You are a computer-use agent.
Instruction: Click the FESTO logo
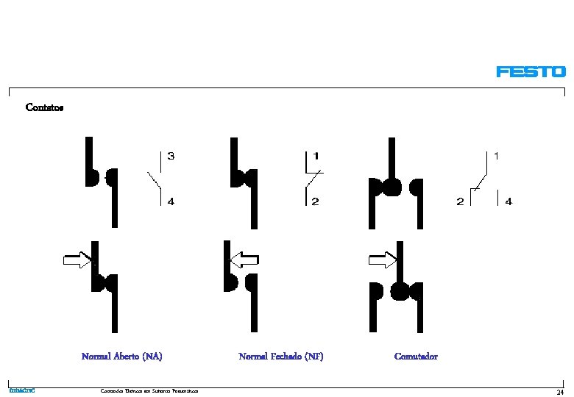point(531,71)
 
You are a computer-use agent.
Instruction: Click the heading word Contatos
point(44,107)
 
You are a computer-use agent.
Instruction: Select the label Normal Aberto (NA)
point(121,357)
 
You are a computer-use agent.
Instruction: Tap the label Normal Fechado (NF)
point(281,357)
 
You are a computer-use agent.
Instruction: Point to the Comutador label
point(416,357)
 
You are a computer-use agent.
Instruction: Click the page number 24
point(560,390)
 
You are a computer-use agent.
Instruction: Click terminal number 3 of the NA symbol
point(171,156)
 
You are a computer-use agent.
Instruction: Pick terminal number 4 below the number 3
point(171,202)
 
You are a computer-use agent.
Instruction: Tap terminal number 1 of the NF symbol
point(316,156)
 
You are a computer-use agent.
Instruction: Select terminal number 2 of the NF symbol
point(316,202)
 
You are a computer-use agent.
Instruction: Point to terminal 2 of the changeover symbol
point(460,202)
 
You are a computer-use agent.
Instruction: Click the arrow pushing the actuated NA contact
point(77,259)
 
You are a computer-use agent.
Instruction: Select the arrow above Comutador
point(382,259)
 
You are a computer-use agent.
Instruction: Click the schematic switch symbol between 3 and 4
point(157,179)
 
